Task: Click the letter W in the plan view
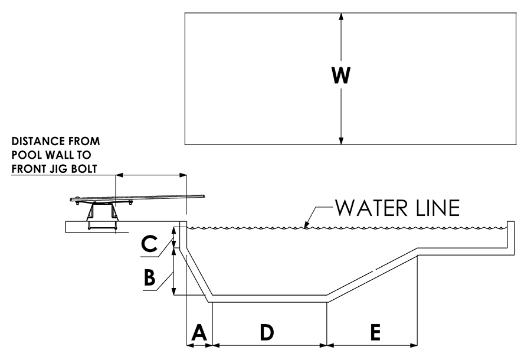click(x=341, y=76)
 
